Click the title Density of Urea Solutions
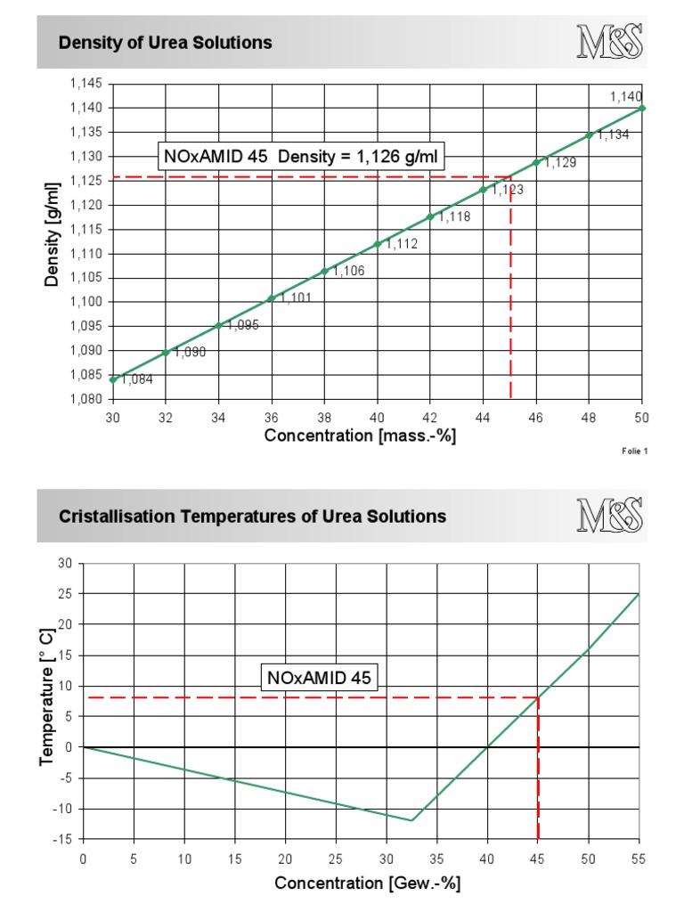(165, 43)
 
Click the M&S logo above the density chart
(610, 42)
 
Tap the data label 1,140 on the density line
(626, 96)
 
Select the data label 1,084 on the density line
(137, 379)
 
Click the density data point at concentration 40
(378, 244)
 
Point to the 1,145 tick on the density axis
(86, 84)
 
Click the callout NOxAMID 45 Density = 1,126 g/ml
(301, 158)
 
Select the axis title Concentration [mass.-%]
(360, 436)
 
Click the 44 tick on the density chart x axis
(484, 416)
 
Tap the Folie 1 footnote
(635, 452)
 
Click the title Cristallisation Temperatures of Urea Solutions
(252, 517)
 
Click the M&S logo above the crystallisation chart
(610, 516)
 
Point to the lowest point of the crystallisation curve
(411, 820)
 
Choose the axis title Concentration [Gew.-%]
(367, 883)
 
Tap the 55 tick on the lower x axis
(639, 859)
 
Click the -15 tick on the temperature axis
(65, 840)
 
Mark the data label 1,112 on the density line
(402, 244)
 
